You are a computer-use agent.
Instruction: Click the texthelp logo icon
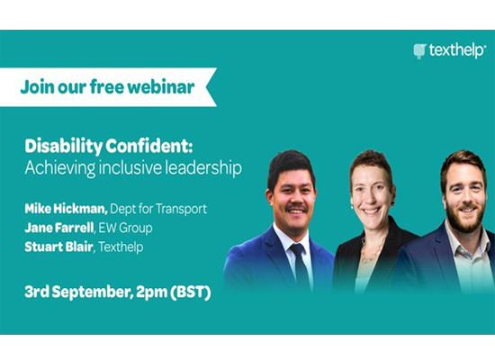tap(420, 51)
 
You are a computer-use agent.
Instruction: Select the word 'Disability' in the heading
tap(64, 147)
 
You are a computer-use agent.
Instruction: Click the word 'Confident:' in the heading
tap(149, 146)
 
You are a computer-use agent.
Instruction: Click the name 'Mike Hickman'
tap(67, 209)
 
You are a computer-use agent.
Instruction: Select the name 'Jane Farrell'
tap(59, 228)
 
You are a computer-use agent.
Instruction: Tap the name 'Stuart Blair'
tap(59, 247)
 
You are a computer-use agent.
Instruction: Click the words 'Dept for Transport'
tap(158, 209)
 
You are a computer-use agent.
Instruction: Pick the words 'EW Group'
tap(126, 228)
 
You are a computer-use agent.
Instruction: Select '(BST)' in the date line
tap(191, 292)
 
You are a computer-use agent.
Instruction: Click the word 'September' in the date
tap(92, 292)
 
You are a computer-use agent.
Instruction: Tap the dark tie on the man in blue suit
tap(300, 266)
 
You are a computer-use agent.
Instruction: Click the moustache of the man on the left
tap(296, 208)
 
